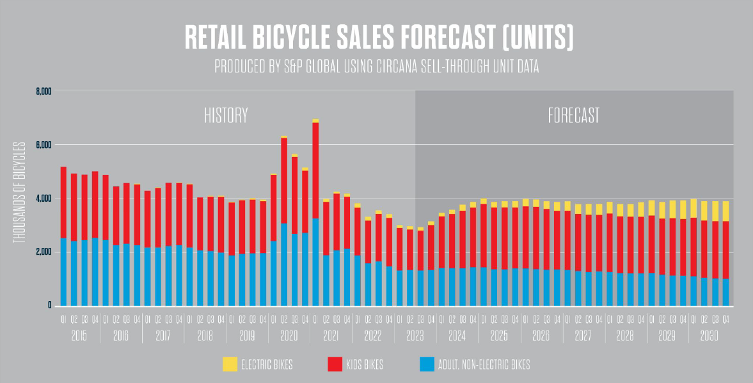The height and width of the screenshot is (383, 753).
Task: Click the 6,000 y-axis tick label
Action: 43,145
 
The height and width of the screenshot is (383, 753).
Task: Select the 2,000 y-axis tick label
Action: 43,252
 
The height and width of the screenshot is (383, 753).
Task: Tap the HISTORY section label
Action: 226,115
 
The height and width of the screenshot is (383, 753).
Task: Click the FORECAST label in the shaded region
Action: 574,115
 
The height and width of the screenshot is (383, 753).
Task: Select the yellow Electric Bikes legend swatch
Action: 229,364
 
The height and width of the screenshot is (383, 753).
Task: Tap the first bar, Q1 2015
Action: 63,237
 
